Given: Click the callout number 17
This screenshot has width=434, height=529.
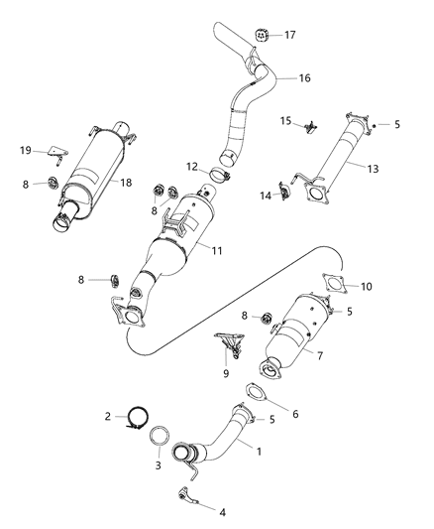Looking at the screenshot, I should [x=290, y=36].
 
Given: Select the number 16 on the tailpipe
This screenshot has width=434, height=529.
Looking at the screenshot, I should [x=304, y=75].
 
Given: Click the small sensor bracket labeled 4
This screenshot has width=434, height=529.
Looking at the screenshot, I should [x=187, y=493].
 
